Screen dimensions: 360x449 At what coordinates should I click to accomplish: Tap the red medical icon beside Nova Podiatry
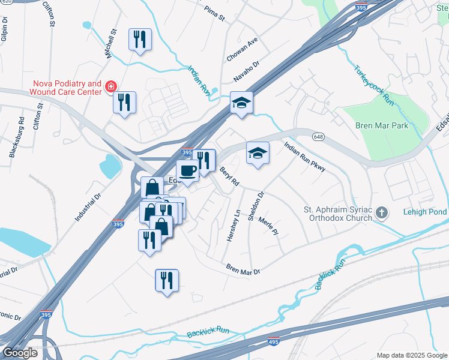coord(110,88)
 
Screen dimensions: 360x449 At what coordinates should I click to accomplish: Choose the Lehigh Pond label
coord(424,212)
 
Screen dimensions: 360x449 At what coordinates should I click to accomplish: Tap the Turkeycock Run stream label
coord(373,86)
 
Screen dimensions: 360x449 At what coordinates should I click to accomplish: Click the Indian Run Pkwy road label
coord(304,157)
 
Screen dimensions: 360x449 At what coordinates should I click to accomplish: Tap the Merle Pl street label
coord(268,226)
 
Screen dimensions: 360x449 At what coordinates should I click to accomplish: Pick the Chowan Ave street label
coord(242,50)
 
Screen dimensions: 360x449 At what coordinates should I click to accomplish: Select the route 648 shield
coord(316,136)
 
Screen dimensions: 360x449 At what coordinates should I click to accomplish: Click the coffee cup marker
coord(187,171)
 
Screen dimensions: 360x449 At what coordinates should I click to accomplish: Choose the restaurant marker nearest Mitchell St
coord(140,40)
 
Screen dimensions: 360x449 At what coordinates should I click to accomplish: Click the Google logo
coord(20,353)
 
